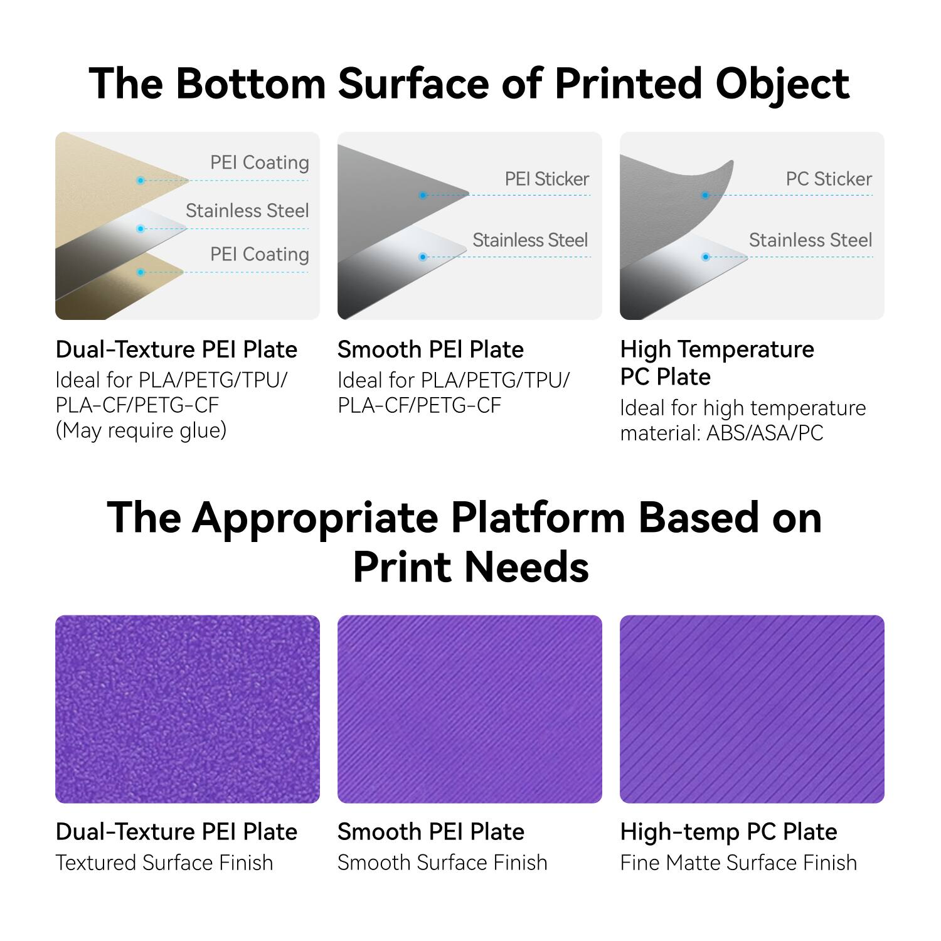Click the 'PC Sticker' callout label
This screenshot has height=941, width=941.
tap(828, 179)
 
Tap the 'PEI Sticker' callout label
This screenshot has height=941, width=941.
tap(546, 179)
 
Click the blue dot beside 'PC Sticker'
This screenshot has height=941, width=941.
tap(705, 195)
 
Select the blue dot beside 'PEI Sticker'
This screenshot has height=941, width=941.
tap(423, 195)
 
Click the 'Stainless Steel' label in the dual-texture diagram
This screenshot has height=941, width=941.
tap(247, 211)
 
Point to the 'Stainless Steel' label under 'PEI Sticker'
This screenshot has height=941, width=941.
tap(529, 240)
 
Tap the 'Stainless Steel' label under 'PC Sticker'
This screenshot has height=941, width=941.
tap(810, 240)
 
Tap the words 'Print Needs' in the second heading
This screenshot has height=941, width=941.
tap(470, 567)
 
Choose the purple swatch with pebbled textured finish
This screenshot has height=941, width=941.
tap(188, 709)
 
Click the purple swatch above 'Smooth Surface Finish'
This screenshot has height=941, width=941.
tap(470, 709)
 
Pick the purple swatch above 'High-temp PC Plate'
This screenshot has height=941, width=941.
tap(752, 709)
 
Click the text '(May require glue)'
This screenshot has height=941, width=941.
tap(141, 431)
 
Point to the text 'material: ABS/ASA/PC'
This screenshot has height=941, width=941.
tap(721, 433)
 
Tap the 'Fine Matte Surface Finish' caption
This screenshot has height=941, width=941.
tap(738, 863)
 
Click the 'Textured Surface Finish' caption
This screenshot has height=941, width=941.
tap(164, 863)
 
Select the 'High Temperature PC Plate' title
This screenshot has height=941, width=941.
tap(717, 363)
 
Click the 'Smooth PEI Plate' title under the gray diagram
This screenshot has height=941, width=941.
tap(430, 349)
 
